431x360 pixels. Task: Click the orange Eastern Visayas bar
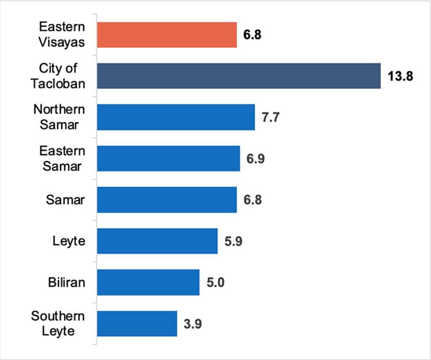[167, 35]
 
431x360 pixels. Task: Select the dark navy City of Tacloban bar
[239, 76]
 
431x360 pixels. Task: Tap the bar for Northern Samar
[176, 117]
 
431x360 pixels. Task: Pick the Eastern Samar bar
[168, 159]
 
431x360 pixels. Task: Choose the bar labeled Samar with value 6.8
[167, 199]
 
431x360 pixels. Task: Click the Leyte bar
[157, 241]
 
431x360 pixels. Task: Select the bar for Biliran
[148, 282]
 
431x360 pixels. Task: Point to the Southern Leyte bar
[137, 323]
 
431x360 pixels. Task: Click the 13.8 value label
[400, 76]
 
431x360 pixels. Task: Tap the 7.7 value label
[271, 118]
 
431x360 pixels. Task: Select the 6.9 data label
[256, 159]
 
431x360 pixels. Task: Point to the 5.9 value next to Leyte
[234, 241]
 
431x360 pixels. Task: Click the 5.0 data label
[216, 282]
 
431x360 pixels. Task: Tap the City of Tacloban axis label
[58, 76]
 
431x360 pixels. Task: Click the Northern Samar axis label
[59, 117]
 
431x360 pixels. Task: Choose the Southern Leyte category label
[58, 323]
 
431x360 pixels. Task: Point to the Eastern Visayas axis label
[61, 35]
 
